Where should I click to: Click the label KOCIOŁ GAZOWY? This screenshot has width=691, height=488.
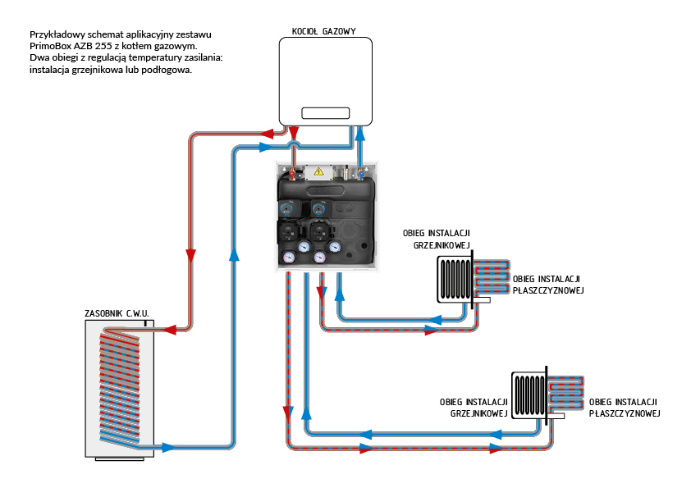tap(323, 31)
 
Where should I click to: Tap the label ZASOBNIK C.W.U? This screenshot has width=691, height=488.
tap(117, 313)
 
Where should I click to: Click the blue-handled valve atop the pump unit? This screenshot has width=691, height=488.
tap(358, 174)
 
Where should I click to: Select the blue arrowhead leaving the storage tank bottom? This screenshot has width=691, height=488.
tap(167, 448)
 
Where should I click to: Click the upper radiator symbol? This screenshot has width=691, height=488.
tap(454, 279)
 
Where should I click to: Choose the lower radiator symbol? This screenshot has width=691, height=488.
tap(529, 395)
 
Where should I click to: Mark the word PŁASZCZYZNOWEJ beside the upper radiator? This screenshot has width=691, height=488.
tap(547, 290)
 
